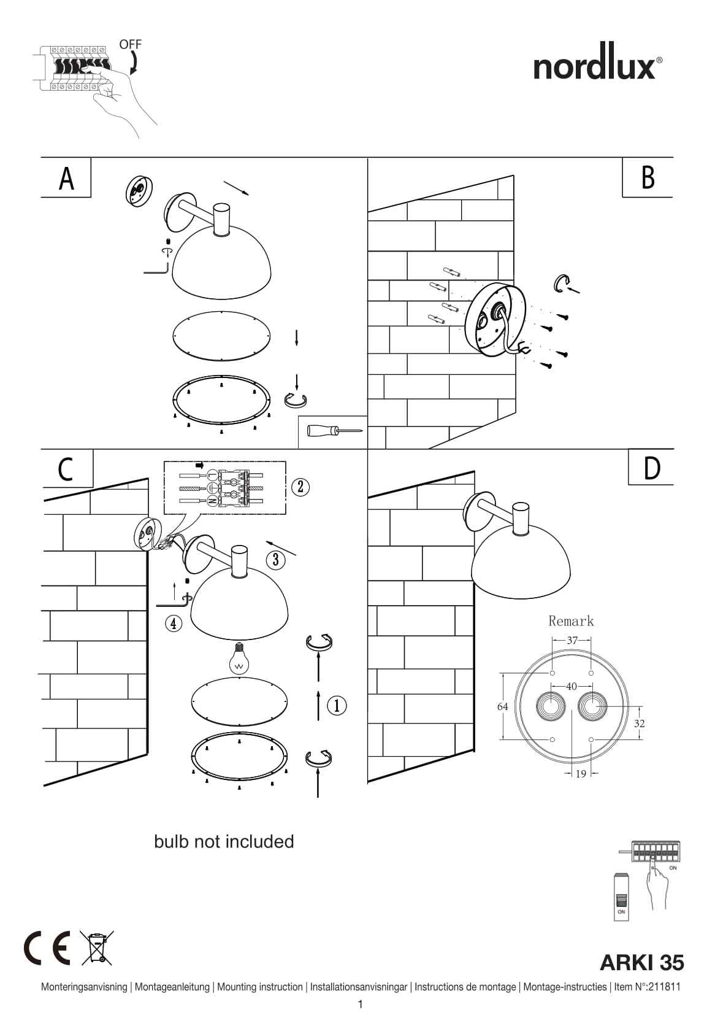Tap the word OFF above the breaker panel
point(130,44)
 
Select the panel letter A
point(66,178)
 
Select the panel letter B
point(648,178)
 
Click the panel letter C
point(66,469)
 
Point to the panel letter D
point(652,468)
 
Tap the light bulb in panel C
point(239,658)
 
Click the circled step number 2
point(300,487)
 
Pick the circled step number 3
point(275,559)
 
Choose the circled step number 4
point(174,623)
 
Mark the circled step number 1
point(337,706)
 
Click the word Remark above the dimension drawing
point(571,621)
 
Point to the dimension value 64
point(503,706)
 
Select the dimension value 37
point(572,640)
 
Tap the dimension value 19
point(581,774)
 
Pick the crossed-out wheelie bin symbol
point(96,948)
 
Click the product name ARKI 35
point(641,963)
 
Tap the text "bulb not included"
point(224,841)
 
